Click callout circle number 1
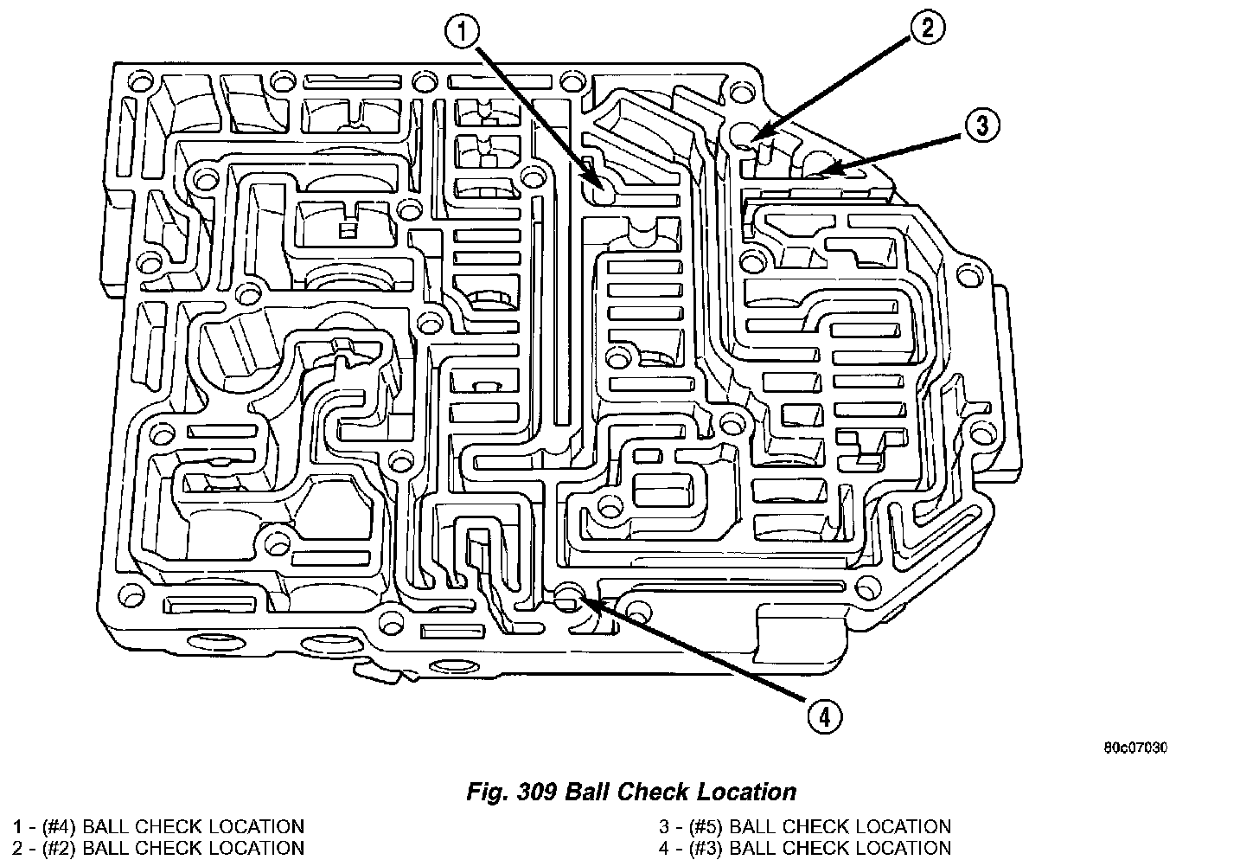tap(462, 33)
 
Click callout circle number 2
tap(926, 29)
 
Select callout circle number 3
tap(981, 125)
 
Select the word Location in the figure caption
tap(750, 791)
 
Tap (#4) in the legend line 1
tap(55, 827)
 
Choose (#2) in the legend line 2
tap(55, 848)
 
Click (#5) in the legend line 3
tap(702, 827)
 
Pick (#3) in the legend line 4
tap(702, 848)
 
